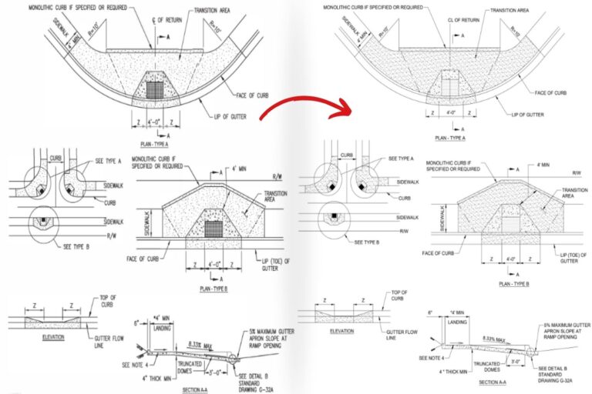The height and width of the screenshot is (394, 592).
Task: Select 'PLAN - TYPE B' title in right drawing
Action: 514,283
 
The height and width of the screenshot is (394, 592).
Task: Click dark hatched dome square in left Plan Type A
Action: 156,88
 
